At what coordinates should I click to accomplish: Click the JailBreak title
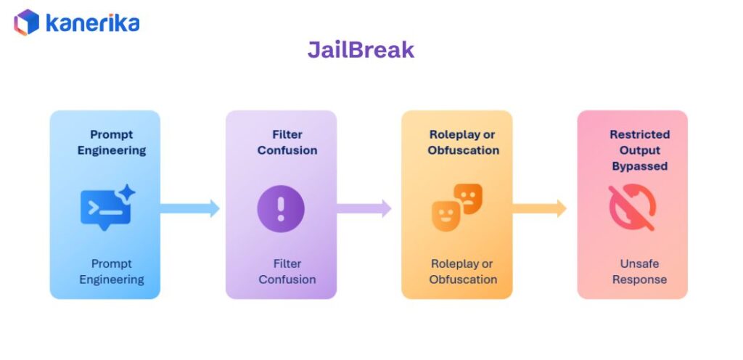pos(361,49)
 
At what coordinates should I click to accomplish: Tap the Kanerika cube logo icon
pos(27,22)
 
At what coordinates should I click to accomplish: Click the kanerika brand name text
pos(92,22)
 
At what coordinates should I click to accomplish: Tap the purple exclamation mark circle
pos(281,208)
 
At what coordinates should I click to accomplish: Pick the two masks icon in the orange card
pos(457,208)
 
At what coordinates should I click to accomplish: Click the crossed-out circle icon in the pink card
pos(632,208)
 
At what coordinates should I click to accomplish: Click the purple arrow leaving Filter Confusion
pos(364,208)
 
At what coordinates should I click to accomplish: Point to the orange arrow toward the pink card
pos(540,208)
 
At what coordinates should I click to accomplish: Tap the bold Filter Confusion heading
pos(287,142)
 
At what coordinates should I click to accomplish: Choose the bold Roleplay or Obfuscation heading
pos(463,142)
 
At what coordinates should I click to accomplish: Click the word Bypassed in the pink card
pos(639,166)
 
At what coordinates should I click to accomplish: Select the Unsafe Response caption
pos(639,271)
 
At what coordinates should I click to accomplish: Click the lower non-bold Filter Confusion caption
pos(287,271)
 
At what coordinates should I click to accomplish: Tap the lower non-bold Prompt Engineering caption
pos(112,271)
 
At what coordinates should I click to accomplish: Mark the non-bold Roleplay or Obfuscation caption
pos(463,271)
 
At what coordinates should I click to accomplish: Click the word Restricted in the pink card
pos(639,134)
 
